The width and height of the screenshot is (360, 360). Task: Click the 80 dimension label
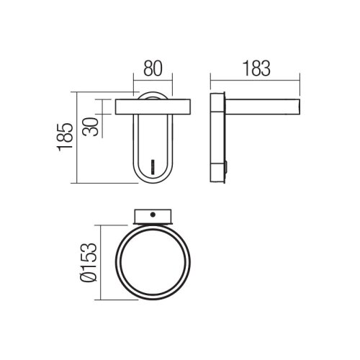tap(153, 68)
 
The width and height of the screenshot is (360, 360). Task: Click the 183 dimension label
tap(256, 68)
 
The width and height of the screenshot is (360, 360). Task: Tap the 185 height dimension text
tap(65, 137)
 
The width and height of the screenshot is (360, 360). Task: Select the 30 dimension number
tap(91, 127)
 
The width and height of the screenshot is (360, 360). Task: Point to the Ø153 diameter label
tap(88, 262)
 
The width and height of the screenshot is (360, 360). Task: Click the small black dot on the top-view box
tap(153, 215)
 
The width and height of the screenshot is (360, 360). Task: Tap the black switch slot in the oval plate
tap(152, 166)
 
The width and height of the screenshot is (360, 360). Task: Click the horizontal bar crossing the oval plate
tap(153, 107)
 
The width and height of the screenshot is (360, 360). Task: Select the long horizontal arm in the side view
tap(263, 107)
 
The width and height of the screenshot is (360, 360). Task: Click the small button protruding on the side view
tap(226, 167)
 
